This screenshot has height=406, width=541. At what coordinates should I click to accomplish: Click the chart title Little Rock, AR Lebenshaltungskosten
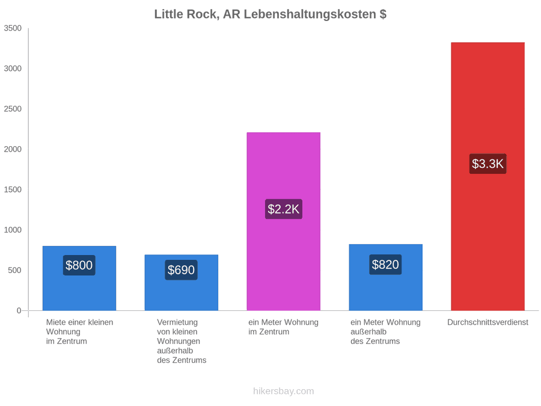[x=270, y=14]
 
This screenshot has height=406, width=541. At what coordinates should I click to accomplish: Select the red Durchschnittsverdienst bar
[x=488, y=176]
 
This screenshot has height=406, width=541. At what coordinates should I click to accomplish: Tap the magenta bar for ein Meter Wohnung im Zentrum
[x=284, y=221]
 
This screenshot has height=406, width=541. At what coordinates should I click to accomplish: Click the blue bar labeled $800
[x=79, y=278]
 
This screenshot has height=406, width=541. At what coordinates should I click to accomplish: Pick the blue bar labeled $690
[x=182, y=283]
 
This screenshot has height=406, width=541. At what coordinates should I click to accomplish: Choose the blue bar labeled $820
[x=386, y=277]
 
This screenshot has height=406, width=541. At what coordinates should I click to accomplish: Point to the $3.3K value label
[x=488, y=164]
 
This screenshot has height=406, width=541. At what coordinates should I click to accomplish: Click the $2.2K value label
[x=284, y=209]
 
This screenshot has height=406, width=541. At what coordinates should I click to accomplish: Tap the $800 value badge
[x=79, y=265]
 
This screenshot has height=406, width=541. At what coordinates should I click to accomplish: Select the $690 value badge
[x=181, y=269]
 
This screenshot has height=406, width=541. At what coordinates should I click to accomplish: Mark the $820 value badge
[x=385, y=265]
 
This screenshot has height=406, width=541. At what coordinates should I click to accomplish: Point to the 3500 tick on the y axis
[x=13, y=28]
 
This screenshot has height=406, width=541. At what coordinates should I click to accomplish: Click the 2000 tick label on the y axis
[x=13, y=149]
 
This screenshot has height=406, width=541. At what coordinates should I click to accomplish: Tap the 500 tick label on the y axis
[x=15, y=270]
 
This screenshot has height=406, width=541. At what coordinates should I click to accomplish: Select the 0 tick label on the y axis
[x=19, y=311]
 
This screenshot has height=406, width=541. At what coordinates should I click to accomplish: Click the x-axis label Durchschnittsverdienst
[x=488, y=322]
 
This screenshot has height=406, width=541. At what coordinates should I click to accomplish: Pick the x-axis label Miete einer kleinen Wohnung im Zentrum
[x=80, y=332]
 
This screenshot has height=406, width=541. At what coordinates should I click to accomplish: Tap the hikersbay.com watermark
[x=284, y=391]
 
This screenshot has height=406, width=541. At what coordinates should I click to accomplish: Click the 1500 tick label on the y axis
[x=13, y=189]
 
